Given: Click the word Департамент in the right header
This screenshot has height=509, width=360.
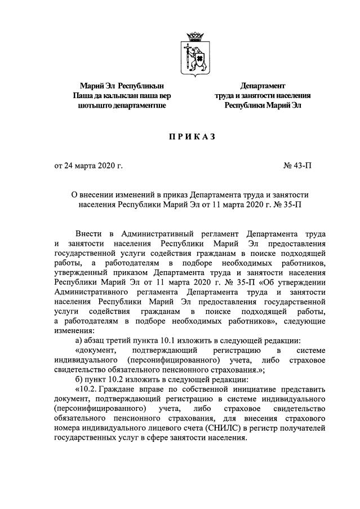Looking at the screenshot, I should point(263,86).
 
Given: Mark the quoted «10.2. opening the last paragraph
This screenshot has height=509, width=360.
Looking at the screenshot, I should point(87,390).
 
